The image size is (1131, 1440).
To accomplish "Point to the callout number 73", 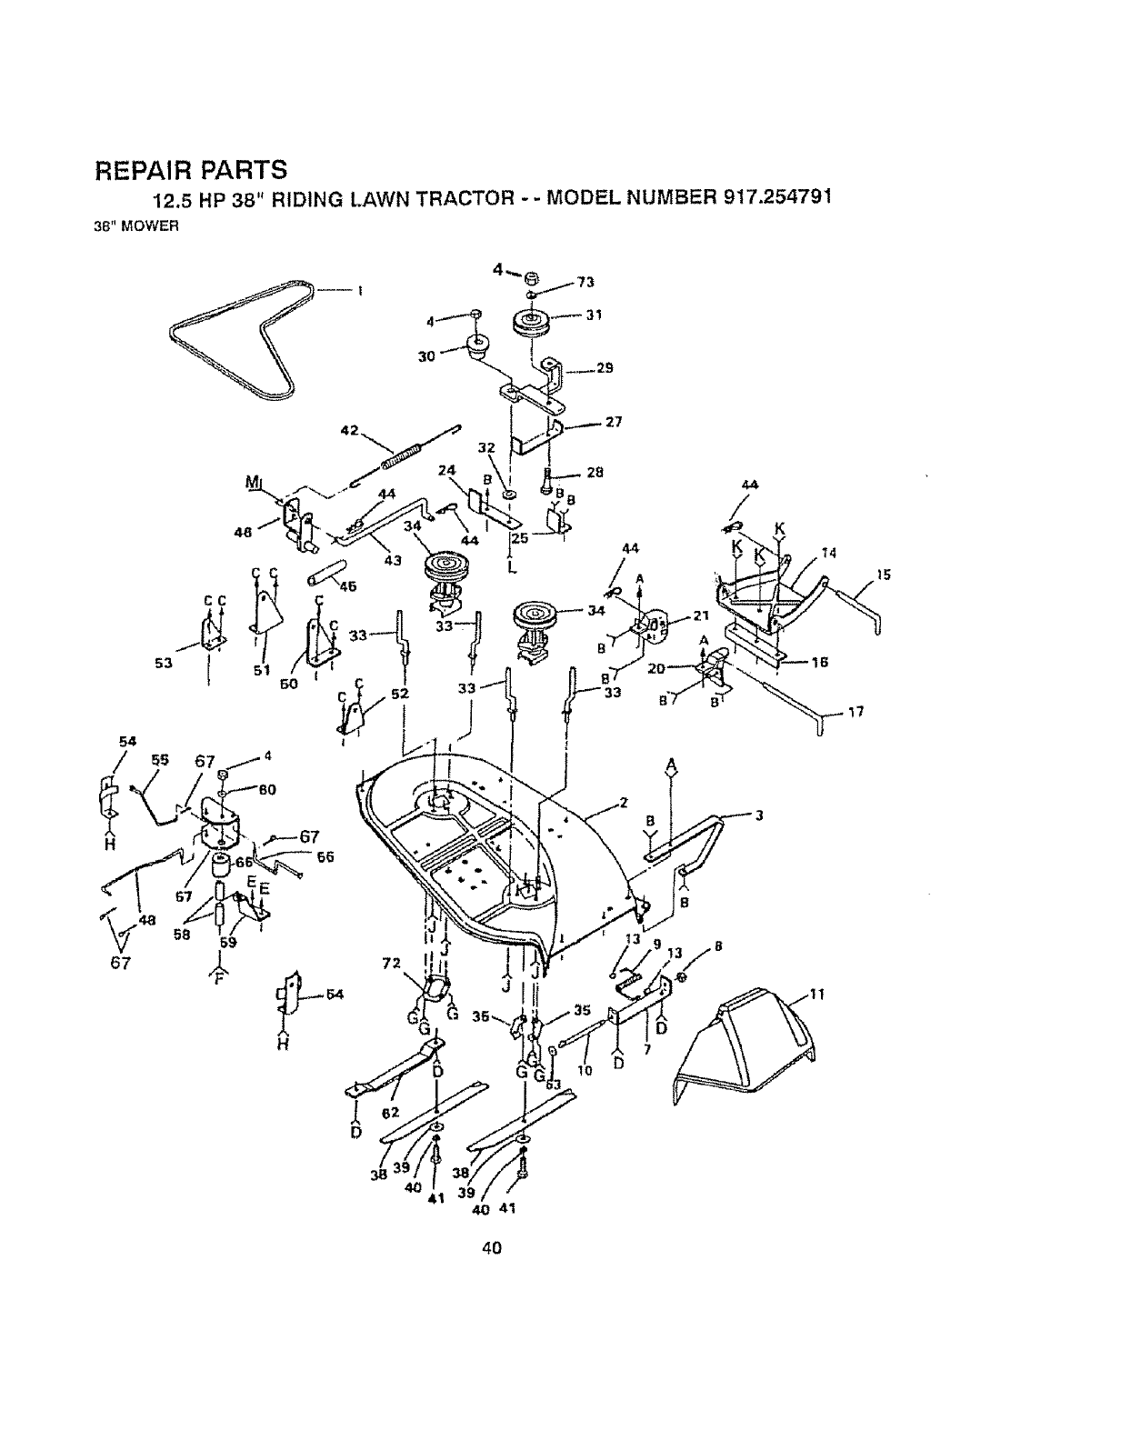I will point(586,283).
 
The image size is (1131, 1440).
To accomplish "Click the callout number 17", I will point(855,712).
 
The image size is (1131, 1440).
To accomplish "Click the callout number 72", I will point(391,962).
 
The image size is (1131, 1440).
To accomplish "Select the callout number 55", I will point(160,762).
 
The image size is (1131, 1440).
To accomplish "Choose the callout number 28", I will point(596,472).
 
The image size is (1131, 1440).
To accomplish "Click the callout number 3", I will point(757,815).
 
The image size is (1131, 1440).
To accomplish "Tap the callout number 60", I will point(267,789).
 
